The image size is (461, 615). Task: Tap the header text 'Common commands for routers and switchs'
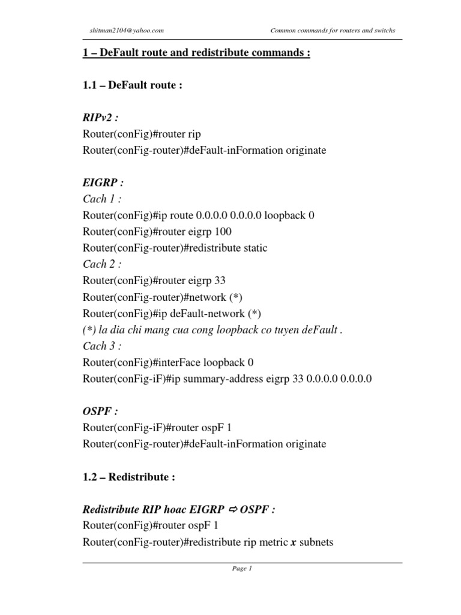[x=333, y=31]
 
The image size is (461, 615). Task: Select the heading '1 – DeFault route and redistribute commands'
[x=196, y=53]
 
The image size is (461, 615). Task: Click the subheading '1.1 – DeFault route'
[x=132, y=85]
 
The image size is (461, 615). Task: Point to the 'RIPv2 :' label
[x=100, y=118]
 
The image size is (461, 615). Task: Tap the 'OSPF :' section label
[x=100, y=411]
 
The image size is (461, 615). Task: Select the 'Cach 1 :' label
[x=102, y=199]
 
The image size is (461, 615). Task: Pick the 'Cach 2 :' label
[x=102, y=264]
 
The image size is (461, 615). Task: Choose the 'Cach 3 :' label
[x=102, y=346]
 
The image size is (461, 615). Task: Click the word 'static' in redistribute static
[x=254, y=248]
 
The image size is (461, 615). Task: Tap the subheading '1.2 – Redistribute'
[x=128, y=477]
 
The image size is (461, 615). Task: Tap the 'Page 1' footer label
[x=242, y=569]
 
